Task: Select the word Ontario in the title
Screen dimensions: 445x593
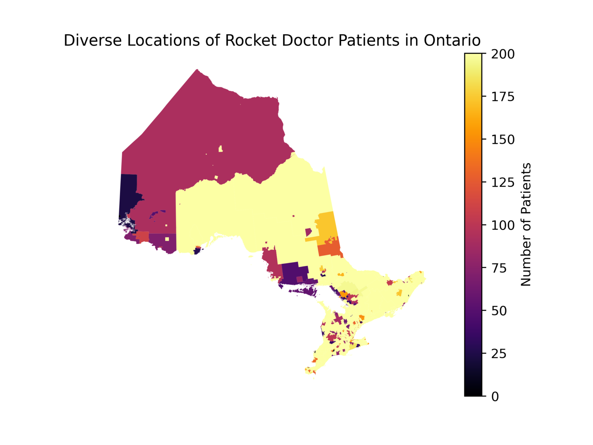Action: click(452, 41)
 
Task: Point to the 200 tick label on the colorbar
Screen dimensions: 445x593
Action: click(503, 54)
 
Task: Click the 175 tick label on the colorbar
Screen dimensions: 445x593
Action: click(503, 97)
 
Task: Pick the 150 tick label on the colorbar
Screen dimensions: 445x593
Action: click(503, 139)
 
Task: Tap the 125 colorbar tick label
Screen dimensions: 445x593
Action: click(503, 182)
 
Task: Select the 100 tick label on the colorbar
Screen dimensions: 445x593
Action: click(503, 225)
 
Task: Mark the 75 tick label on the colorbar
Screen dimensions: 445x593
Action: click(499, 268)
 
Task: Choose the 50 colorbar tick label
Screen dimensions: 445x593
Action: click(499, 311)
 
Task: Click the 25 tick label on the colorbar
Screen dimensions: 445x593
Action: click(499, 353)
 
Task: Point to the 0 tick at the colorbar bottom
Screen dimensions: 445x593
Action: click(495, 397)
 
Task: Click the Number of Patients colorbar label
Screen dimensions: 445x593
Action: click(526, 224)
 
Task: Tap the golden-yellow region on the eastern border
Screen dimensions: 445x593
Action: click(326, 226)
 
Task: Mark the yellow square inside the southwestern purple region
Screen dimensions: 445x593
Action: click(167, 239)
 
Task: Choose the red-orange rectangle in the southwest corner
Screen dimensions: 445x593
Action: click(142, 236)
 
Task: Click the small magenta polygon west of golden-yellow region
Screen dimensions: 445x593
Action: click(308, 232)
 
